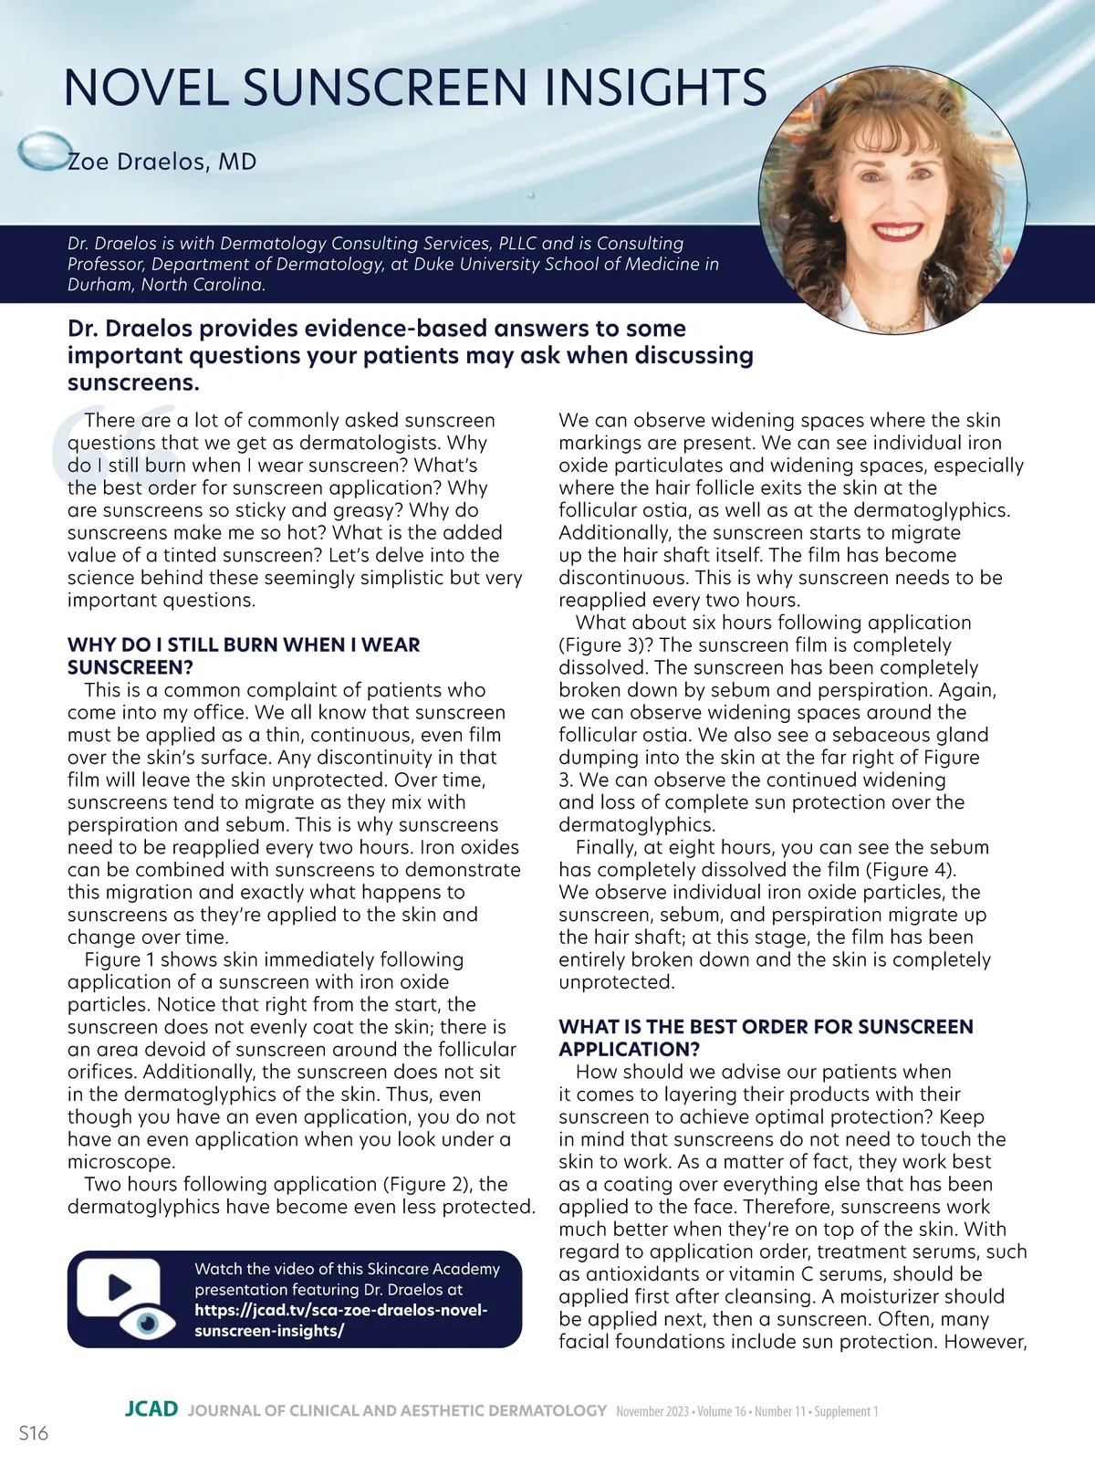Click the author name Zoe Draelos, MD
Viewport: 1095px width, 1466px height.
162,162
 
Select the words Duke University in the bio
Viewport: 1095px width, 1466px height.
489,265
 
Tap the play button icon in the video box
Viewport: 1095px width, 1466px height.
119,1286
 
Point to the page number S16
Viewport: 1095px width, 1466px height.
33,1433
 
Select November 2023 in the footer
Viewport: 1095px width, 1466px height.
652,1411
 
